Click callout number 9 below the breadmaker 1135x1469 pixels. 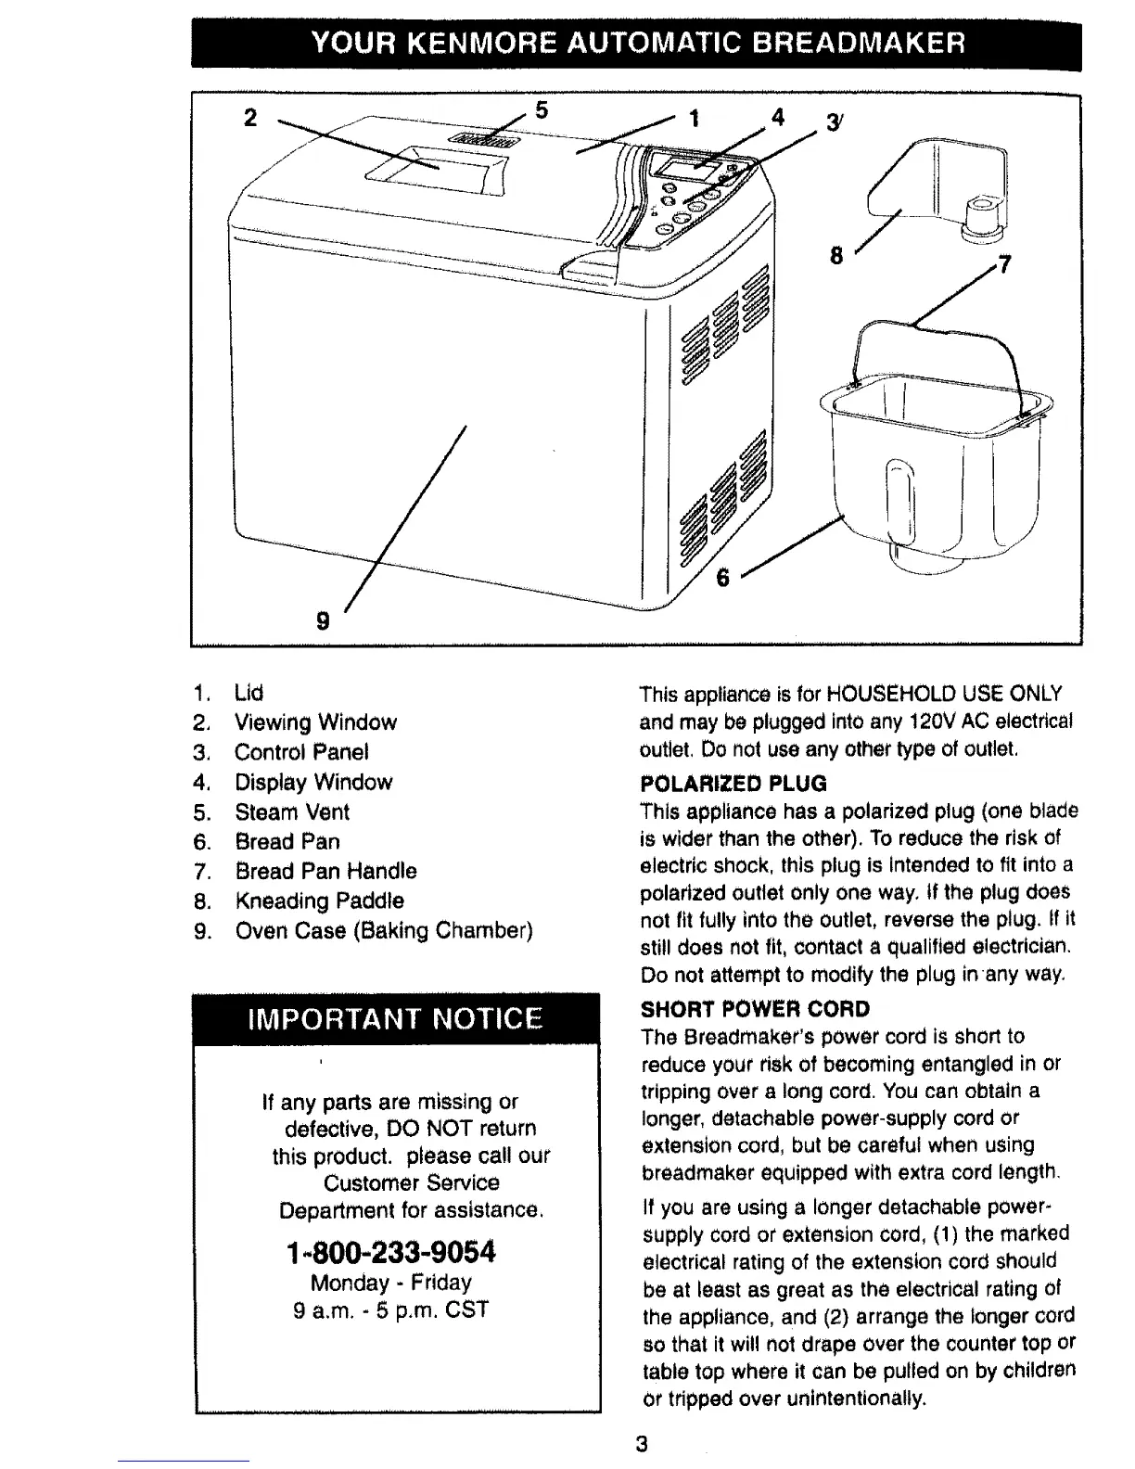[323, 621]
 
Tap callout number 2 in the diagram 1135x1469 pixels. [249, 118]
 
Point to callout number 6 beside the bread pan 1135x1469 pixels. [723, 578]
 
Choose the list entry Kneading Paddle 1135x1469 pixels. [319, 901]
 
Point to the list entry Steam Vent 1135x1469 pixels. [292, 811]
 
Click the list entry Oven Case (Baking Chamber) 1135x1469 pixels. [384, 930]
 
